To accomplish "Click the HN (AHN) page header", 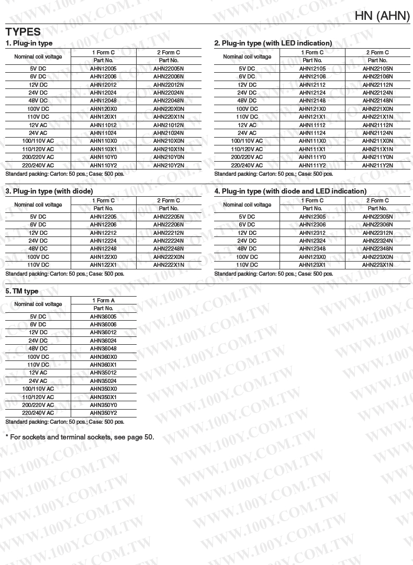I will click(382, 16).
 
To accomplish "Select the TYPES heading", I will click(23, 32).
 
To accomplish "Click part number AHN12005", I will click(103, 69).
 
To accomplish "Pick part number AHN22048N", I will click(169, 101).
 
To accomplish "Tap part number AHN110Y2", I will click(103, 165).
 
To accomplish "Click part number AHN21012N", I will click(169, 125).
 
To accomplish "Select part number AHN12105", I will click(312, 69).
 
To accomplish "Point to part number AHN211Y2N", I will click(377, 165).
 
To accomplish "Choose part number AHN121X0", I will click(312, 109).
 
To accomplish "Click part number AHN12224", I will click(103, 241).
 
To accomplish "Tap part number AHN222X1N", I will click(169, 265).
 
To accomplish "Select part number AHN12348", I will click(312, 249).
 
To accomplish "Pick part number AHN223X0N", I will click(377, 257).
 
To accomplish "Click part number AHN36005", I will click(103, 317).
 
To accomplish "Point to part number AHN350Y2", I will click(103, 413).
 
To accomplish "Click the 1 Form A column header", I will click(103, 300).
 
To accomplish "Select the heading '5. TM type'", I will click(22, 291).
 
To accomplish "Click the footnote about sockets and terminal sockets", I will click(80, 437).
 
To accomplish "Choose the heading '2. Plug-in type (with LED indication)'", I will click(273, 43).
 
